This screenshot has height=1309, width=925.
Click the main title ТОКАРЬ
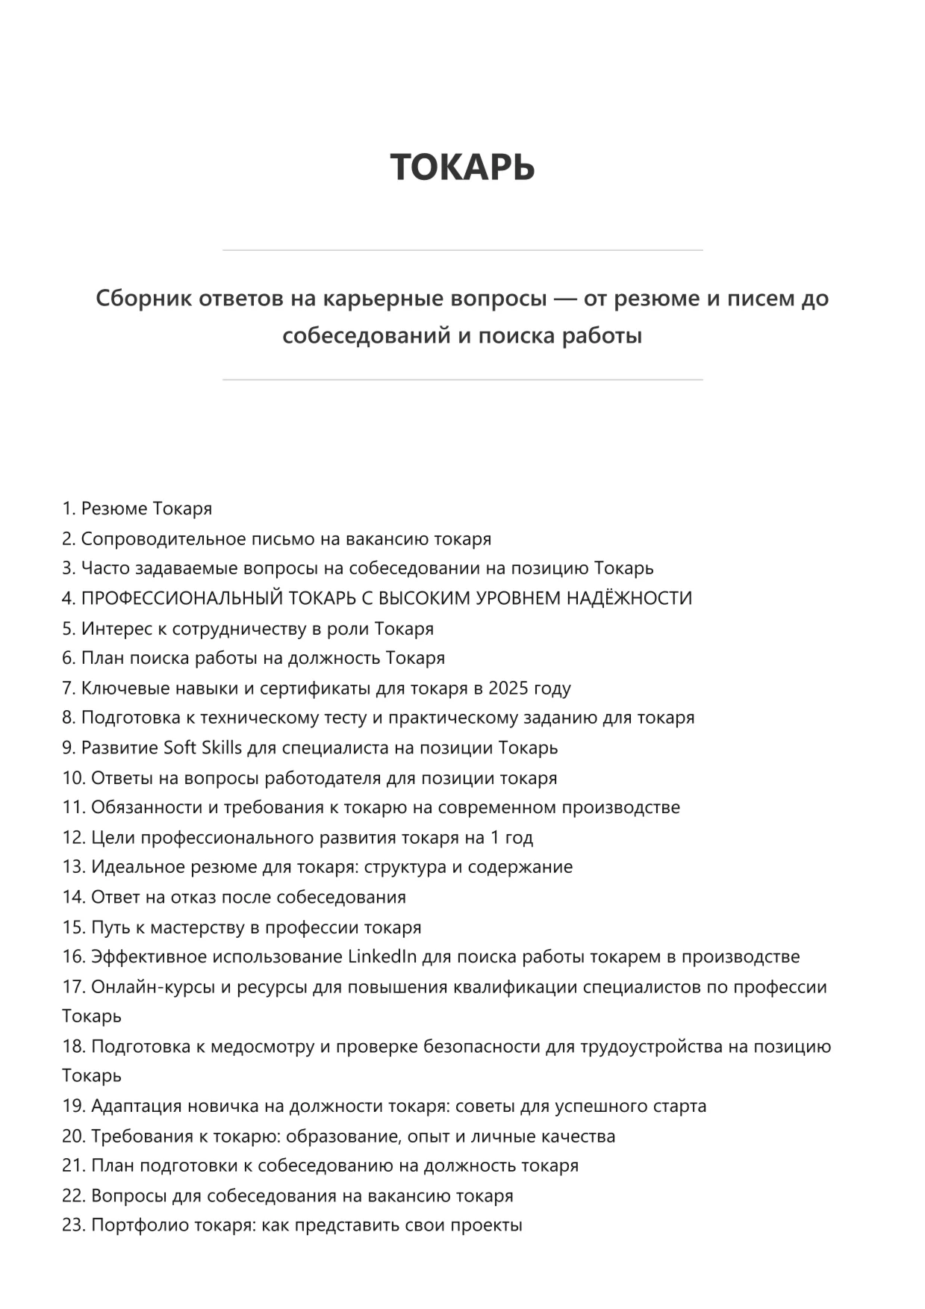[462, 166]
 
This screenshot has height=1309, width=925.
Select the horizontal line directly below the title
[462, 250]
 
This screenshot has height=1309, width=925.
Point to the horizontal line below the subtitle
[462, 380]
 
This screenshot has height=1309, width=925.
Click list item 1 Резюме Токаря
[137, 509]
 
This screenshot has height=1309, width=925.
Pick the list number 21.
[73, 1166]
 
